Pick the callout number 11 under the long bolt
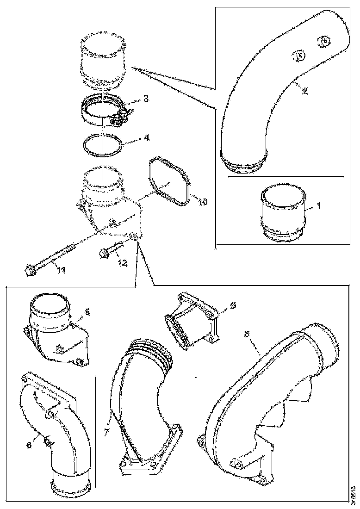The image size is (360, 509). tap(61, 270)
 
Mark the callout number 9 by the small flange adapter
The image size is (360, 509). tap(233, 305)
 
